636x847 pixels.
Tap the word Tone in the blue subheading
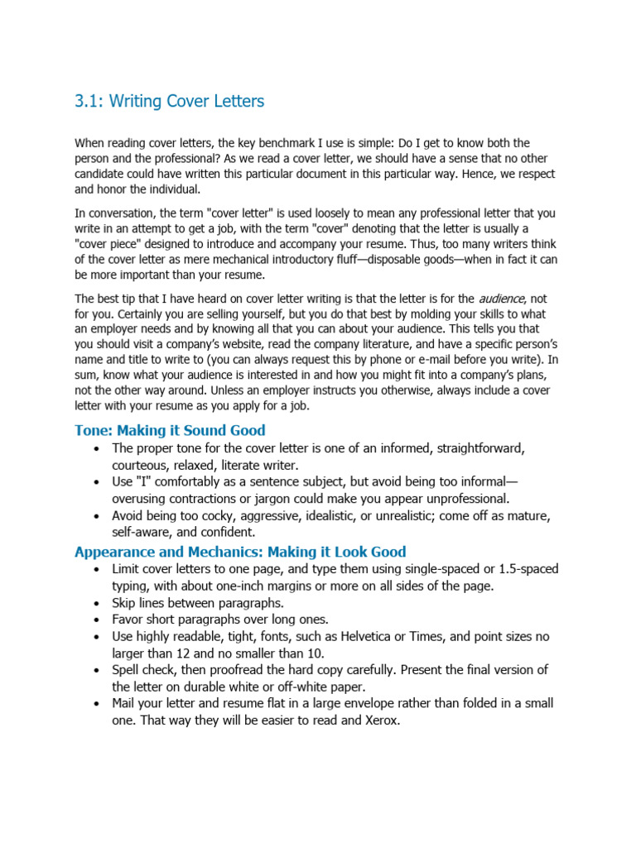(x=93, y=430)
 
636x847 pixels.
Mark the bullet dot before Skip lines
(x=99, y=603)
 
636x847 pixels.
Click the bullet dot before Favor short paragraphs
(x=99, y=620)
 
